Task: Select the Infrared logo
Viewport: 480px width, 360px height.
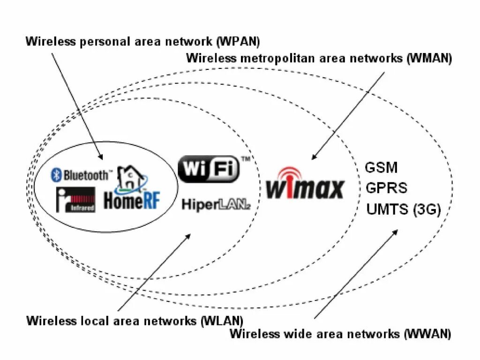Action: pos(75,200)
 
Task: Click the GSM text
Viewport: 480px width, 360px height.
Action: pos(381,168)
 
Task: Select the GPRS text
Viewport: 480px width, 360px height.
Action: pos(386,188)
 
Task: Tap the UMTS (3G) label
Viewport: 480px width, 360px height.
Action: pos(404,209)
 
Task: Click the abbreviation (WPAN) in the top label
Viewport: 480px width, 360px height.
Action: pos(238,41)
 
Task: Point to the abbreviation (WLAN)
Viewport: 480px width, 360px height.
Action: pos(222,321)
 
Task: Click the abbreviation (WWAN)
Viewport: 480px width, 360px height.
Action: pos(427,334)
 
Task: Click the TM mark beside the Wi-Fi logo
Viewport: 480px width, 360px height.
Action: pos(246,159)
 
